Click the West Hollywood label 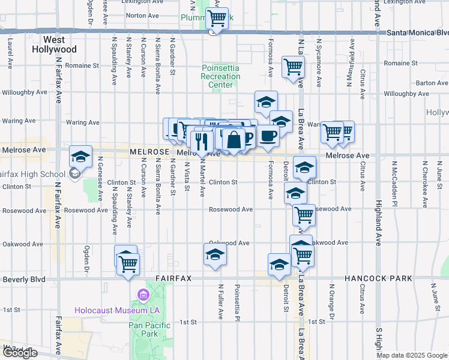click(x=54, y=44)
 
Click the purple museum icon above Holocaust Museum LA click(x=143, y=295)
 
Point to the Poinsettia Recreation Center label click(x=220, y=76)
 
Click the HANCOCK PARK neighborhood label click(x=378, y=278)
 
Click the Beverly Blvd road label click(x=24, y=280)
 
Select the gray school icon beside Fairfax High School click(x=74, y=175)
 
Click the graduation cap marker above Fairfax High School click(x=80, y=157)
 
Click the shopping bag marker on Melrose click(x=234, y=140)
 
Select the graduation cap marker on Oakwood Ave click(x=215, y=254)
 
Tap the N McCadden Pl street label click(x=394, y=176)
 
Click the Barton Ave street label click(x=432, y=83)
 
